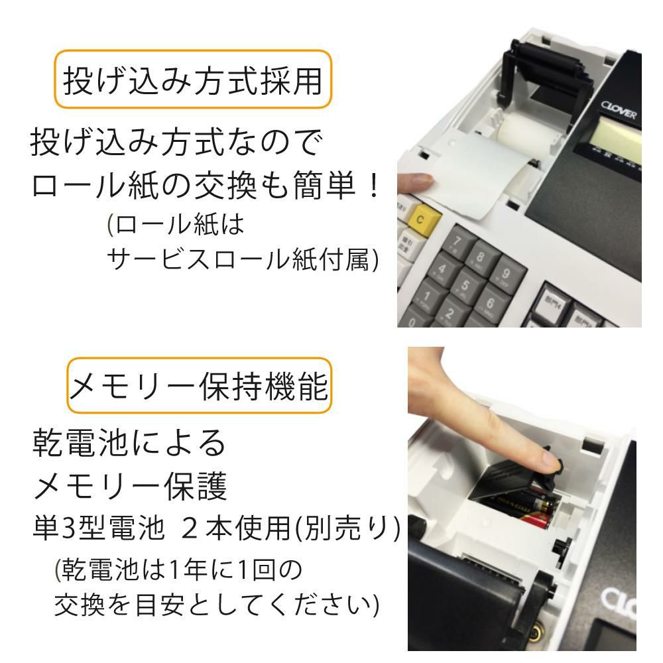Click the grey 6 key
(x=492, y=301)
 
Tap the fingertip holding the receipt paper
(x=414, y=180)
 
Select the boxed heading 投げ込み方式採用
(x=192, y=80)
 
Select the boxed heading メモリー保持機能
(x=199, y=387)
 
